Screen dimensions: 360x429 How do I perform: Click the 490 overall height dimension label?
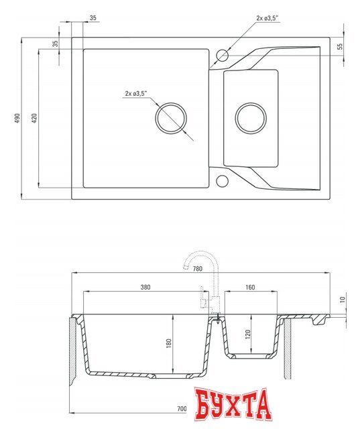17,118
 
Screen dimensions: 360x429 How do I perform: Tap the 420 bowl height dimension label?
34,118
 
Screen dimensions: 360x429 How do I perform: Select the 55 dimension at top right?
340,46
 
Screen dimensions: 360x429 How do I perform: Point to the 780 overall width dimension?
198,269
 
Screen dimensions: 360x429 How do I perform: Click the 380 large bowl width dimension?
145,287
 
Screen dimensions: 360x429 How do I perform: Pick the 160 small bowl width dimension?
250,287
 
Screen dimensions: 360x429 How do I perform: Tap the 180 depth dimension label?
169,343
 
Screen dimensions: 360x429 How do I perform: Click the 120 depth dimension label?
248,334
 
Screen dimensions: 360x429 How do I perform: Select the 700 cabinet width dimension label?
182,408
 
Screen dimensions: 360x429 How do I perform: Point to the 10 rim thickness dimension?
343,300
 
